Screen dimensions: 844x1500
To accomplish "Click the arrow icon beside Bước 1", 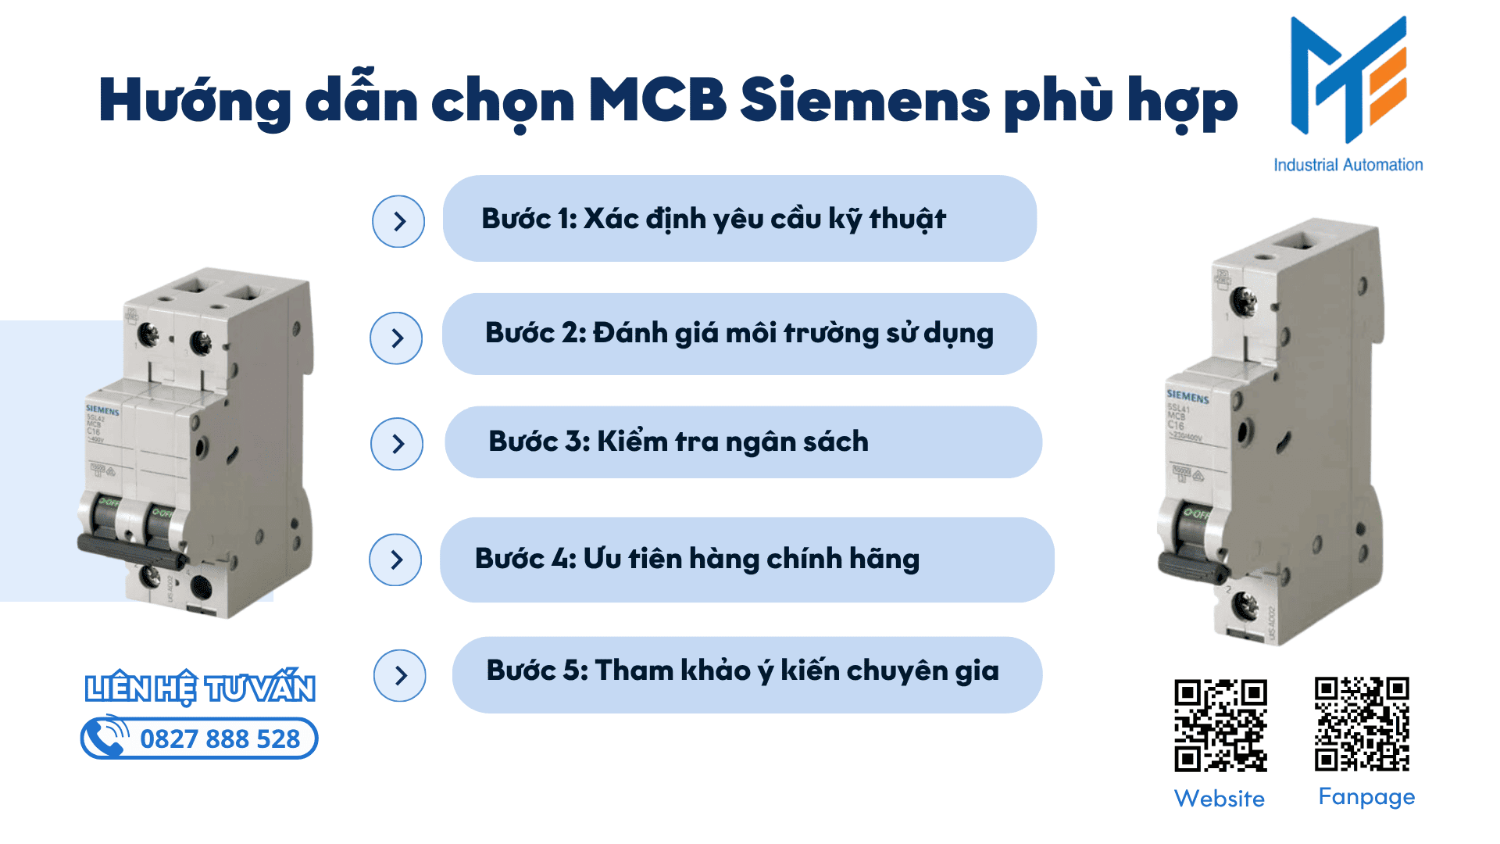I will coord(398,221).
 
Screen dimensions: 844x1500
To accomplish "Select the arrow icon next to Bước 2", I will coord(396,338).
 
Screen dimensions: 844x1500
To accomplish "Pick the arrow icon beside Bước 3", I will coord(397,444).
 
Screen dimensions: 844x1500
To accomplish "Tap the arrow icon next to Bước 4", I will coord(395,560).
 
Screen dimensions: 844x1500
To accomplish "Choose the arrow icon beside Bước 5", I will coord(400,675).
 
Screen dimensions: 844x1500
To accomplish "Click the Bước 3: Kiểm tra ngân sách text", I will coord(678,442).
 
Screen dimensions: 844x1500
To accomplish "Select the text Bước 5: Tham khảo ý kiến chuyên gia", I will coord(742,671).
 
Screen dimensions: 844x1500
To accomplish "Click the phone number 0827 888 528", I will coord(220,739).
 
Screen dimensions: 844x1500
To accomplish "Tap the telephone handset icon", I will coord(106,736).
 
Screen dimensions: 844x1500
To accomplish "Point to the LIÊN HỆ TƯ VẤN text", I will coord(200,688).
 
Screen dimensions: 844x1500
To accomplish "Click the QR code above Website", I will coord(1220,725).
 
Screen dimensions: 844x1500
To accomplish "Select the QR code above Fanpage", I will coord(1362,724).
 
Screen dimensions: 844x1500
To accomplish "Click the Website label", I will coord(1219,799).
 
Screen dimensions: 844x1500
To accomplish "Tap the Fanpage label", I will coord(1366,797).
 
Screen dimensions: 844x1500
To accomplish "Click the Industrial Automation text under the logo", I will coord(1348,165).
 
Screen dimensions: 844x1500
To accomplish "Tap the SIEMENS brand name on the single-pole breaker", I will coord(1187,397).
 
